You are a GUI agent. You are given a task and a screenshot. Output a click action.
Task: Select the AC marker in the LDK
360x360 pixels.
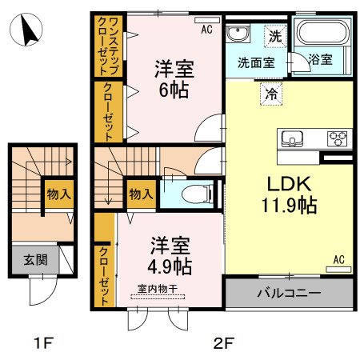[340, 259]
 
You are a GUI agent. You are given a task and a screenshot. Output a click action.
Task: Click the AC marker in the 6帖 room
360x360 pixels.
[206, 30]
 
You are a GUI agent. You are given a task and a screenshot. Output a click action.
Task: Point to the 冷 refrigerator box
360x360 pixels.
[270, 94]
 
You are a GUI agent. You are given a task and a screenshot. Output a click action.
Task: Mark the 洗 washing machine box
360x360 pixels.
[274, 35]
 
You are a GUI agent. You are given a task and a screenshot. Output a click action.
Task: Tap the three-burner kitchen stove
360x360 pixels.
[337, 138]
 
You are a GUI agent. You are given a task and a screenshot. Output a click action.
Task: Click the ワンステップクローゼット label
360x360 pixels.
[106, 46]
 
